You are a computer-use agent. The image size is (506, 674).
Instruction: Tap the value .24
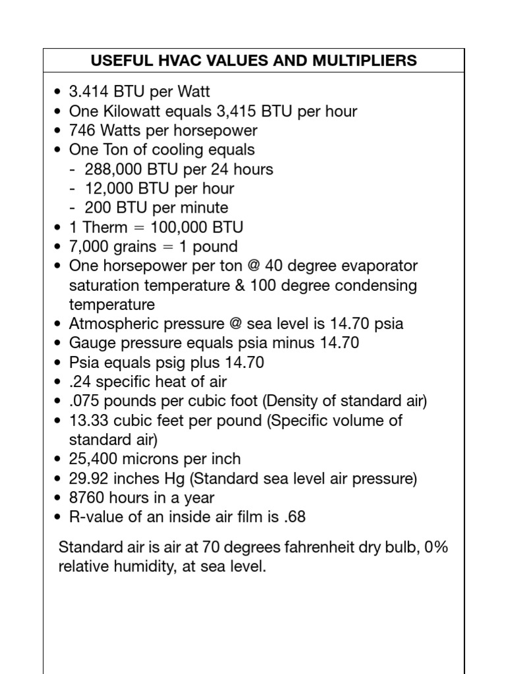79,382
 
